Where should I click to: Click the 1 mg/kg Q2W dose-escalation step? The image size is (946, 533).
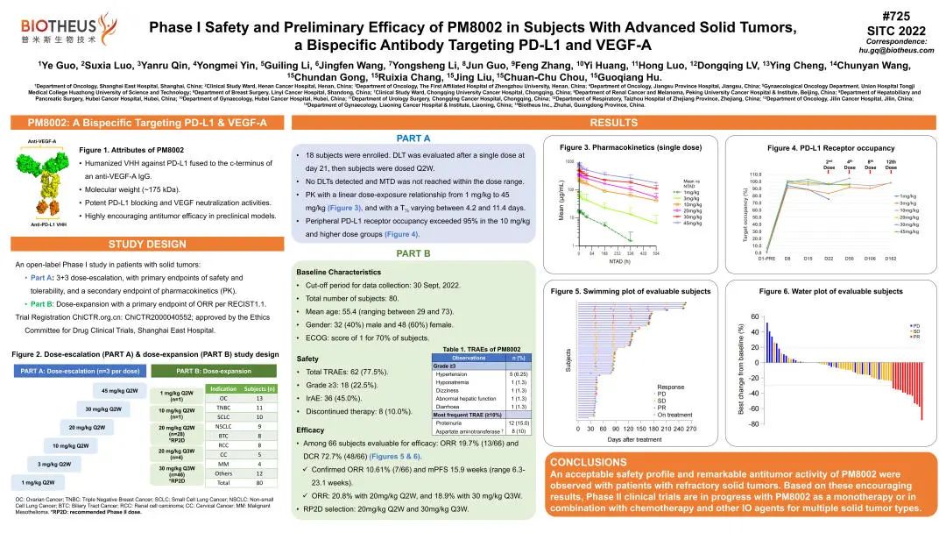pyautogui.click(x=43, y=482)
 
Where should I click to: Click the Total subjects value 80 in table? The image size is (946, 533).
pyautogui.click(x=259, y=482)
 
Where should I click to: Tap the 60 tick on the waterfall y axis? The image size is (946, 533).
pyautogui.click(x=754, y=317)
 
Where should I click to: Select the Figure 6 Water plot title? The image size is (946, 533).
pyautogui.click(x=830, y=291)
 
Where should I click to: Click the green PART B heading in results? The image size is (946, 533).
pyautogui.click(x=413, y=253)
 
